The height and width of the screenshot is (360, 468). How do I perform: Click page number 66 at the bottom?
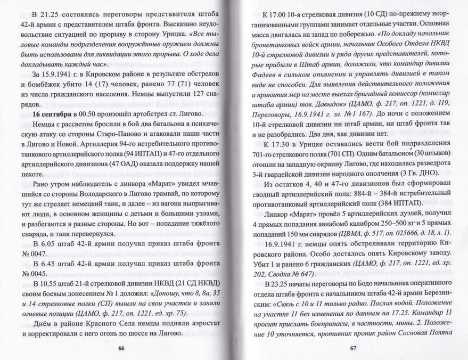coord(121,347)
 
